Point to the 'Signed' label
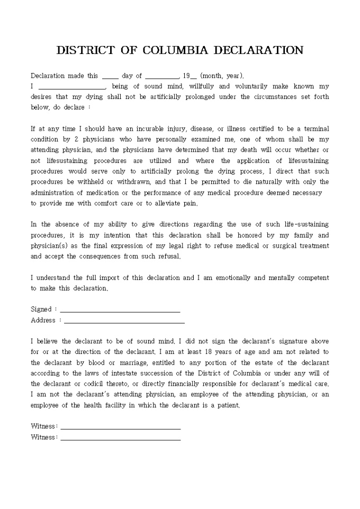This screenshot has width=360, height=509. point(41,309)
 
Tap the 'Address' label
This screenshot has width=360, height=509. point(43,320)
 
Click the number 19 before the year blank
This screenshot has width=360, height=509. point(186,76)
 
